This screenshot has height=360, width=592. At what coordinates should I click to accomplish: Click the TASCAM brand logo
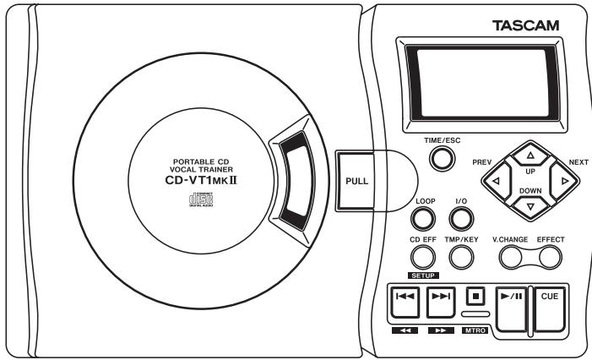525,25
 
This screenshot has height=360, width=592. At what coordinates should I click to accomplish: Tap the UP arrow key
530,155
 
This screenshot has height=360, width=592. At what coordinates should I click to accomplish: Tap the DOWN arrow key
530,207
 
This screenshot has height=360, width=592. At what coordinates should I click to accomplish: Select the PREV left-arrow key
497,181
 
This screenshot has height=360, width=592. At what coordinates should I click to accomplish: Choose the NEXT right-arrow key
564,181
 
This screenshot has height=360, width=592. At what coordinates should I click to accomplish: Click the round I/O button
461,219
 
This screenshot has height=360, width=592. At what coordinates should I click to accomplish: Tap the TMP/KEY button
461,257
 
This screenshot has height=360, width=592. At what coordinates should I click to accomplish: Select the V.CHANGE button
511,258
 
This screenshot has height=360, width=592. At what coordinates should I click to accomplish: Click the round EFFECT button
550,258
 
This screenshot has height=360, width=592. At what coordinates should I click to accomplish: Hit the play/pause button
511,309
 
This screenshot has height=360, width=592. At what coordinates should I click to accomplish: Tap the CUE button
549,309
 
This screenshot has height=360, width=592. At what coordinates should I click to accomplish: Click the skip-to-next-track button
441,303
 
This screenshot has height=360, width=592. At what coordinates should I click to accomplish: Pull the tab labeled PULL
356,181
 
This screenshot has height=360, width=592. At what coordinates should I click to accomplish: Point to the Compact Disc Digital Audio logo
201,199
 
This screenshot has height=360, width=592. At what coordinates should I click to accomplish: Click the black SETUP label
423,275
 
